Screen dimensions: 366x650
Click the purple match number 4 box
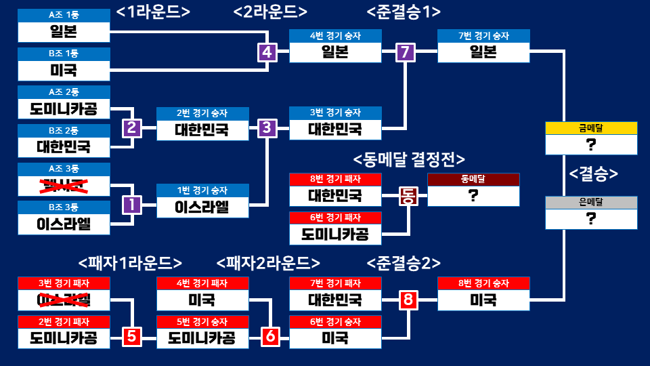click(x=267, y=52)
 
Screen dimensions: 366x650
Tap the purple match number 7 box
click(x=405, y=52)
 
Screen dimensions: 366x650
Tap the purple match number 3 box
click(x=267, y=127)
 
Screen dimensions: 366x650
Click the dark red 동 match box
click(x=408, y=196)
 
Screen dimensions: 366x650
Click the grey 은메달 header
click(x=591, y=202)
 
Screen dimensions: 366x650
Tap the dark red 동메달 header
click(x=473, y=179)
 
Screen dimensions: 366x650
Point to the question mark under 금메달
click(x=591, y=145)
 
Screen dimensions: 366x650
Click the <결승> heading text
click(x=593, y=174)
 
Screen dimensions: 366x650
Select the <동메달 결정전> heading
click(x=409, y=159)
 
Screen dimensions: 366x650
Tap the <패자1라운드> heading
click(x=131, y=262)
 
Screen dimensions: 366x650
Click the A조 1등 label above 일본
click(x=63, y=15)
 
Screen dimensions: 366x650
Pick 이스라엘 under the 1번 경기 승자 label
click(x=202, y=207)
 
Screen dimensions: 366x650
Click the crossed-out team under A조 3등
click(x=63, y=184)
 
